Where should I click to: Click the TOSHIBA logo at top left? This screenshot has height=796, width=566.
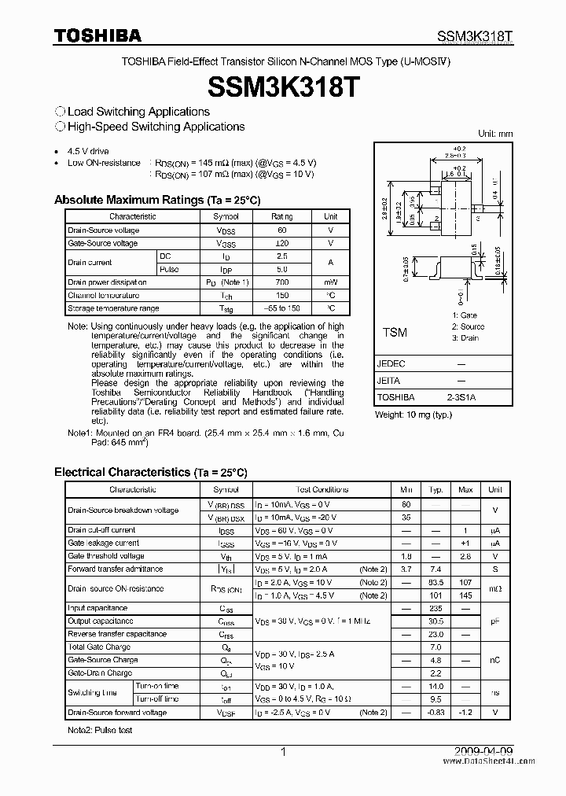coord(97,35)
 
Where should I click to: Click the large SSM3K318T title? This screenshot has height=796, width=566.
coord(283,86)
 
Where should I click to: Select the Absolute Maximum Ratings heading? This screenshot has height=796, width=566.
coord(157,200)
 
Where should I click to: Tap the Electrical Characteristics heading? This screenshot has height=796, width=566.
coord(150,472)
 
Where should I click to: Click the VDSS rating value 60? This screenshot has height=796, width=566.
coord(281,230)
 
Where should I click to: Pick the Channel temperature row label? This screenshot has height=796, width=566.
coord(104,295)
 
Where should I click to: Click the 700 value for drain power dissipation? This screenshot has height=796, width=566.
coord(281,282)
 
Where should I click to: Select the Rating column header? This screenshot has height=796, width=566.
coord(281,216)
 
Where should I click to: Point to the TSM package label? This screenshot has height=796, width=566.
coord(395,333)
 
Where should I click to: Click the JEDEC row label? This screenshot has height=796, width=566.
coord(391,365)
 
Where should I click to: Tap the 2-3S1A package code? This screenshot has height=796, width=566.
coord(461,398)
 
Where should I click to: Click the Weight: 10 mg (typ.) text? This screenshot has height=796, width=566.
coord(413,414)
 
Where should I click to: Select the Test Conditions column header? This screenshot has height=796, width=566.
coord(322,489)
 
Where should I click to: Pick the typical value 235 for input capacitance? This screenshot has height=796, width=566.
coord(436,608)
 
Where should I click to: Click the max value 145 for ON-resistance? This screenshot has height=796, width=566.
coord(465,595)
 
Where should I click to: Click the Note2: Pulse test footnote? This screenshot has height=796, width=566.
coord(99,731)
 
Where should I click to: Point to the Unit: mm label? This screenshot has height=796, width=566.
coord(495,135)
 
